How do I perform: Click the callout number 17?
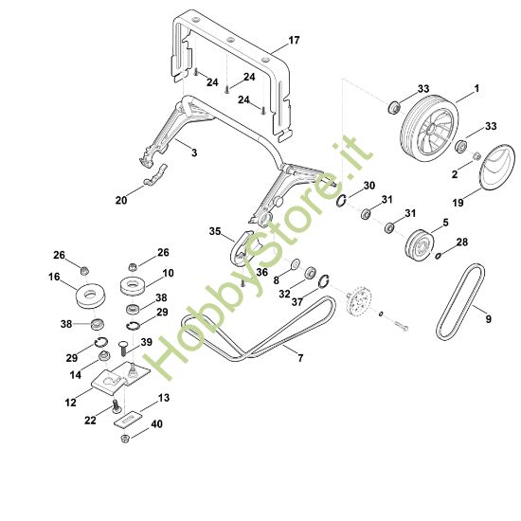coord(294,41)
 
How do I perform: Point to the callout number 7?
coord(300,357)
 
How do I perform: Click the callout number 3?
coord(193,152)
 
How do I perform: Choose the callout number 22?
coord(89,420)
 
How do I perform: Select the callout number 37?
coord(298,302)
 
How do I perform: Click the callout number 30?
coord(369,185)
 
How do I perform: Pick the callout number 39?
coord(146,342)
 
